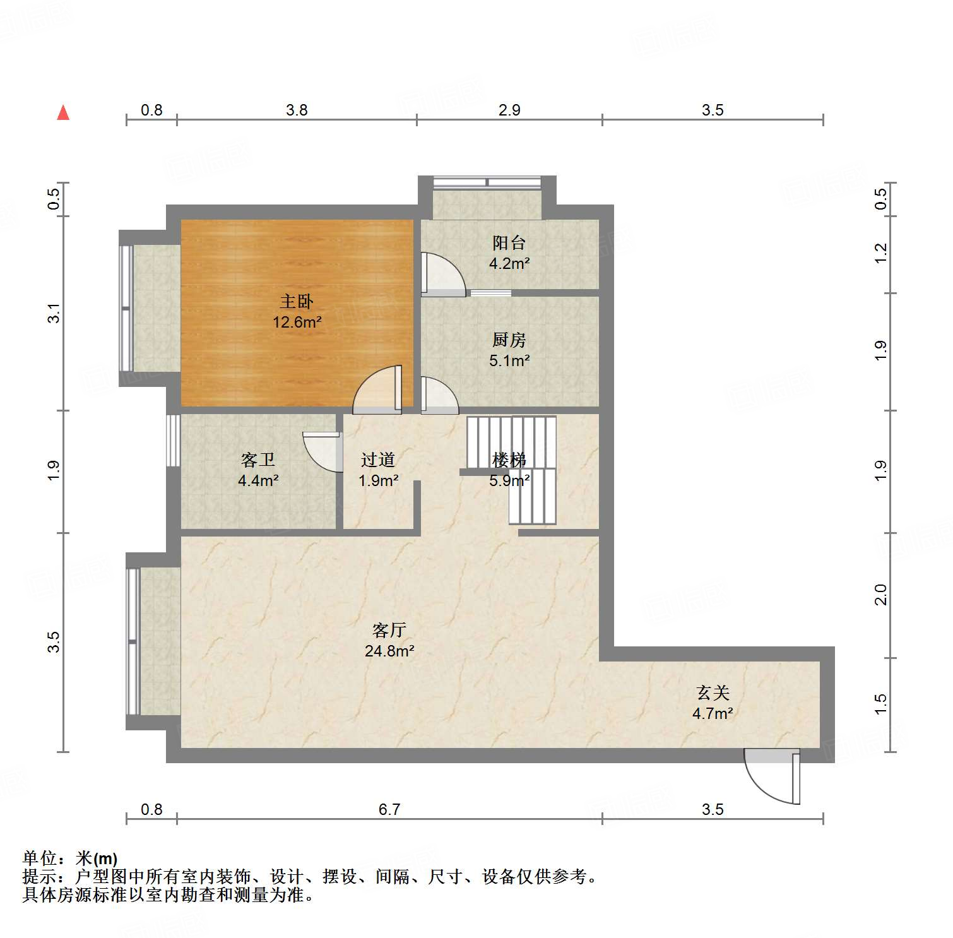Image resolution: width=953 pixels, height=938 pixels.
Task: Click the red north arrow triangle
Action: coord(63,113)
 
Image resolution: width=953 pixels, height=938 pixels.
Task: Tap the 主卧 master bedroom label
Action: coord(297,302)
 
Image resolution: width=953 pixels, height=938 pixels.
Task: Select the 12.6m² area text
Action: coord(297,323)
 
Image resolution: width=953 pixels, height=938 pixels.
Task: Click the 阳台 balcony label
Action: coord(509,242)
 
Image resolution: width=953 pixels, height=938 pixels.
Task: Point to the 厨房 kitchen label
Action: coord(509,340)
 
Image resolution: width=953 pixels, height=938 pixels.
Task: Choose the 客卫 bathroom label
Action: coord(258,460)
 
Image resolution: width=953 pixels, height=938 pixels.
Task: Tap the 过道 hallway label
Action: coord(378,460)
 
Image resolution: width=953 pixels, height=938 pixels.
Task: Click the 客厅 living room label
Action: coord(389,630)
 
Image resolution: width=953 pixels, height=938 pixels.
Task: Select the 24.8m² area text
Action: coord(389,651)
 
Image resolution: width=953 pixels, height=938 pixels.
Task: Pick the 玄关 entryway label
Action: coord(713,693)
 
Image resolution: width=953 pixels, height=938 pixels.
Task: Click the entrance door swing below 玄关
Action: coord(770,776)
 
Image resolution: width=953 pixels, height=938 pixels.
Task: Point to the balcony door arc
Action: coord(443,275)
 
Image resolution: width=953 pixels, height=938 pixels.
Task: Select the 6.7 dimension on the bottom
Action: coord(389,809)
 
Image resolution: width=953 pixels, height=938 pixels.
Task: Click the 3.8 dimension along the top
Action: coord(297,110)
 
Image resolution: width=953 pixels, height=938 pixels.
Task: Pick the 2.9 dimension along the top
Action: coord(509,110)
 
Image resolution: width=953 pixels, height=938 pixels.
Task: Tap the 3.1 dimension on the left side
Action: coord(55,314)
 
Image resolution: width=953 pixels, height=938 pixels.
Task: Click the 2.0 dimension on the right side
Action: coord(880,595)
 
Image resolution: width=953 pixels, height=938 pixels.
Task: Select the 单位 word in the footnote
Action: coord(39,858)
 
